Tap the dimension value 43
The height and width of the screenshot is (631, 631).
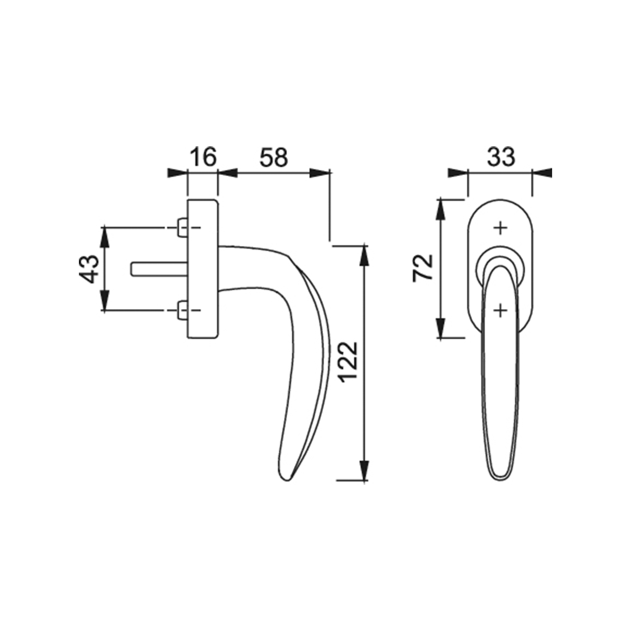89,270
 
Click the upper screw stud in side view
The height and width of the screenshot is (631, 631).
182,228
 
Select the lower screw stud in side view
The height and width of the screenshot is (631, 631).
182,310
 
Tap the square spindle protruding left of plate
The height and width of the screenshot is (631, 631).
159,269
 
